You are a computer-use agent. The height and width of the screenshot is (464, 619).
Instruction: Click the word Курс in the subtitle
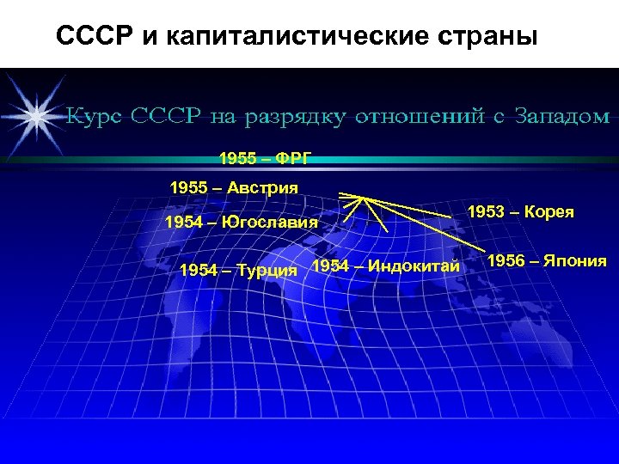[x=95, y=115]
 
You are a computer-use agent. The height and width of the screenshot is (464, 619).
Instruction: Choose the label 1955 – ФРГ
[x=265, y=159]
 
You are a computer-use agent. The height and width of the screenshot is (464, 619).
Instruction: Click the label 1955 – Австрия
[x=234, y=187]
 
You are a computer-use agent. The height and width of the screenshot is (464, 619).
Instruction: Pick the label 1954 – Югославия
[x=241, y=223]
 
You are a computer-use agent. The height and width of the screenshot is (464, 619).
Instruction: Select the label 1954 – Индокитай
[x=386, y=266]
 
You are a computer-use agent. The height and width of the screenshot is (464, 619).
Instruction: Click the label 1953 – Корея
[x=520, y=212]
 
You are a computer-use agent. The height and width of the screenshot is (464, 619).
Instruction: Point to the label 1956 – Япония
[x=547, y=261]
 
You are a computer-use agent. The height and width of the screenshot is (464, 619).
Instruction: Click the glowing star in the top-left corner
[x=36, y=113]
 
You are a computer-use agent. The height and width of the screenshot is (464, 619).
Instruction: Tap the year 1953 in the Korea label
[x=485, y=212]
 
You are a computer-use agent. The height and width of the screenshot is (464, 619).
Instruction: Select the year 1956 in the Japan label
[x=506, y=261]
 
